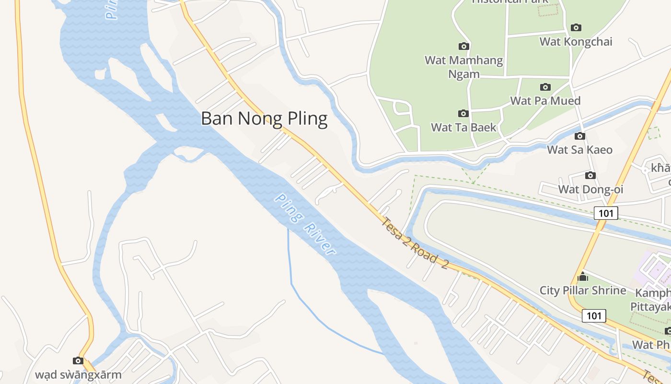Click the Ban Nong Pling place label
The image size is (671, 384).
click(x=264, y=119)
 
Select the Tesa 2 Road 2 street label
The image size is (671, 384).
click(x=415, y=244)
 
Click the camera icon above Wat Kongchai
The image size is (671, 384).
click(x=576, y=27)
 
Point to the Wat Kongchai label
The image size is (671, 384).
click(x=576, y=42)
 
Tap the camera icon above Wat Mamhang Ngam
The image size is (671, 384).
click(x=463, y=46)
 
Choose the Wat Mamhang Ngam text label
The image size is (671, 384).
click(x=464, y=67)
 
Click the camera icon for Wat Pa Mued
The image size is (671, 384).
click(x=545, y=87)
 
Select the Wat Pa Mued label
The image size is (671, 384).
click(x=545, y=101)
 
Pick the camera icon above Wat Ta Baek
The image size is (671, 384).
click(x=463, y=113)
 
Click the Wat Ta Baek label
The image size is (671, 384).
click(x=463, y=128)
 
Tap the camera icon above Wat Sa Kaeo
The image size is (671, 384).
click(x=579, y=136)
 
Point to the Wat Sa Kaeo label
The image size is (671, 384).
click(x=580, y=150)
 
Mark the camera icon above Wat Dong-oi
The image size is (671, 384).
click(x=590, y=175)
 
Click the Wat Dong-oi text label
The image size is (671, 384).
click(x=590, y=189)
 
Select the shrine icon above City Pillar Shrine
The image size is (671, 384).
click(x=583, y=276)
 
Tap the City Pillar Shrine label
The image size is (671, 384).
click(x=583, y=290)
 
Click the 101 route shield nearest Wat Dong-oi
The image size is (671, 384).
click(x=606, y=213)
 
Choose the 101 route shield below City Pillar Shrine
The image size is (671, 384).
click(x=594, y=315)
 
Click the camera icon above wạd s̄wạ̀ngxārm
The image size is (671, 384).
click(x=78, y=360)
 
